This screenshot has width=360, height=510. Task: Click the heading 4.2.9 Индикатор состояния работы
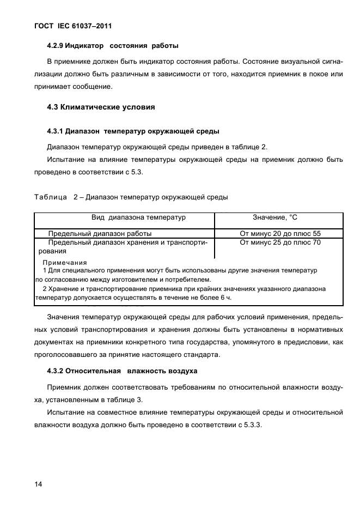point(113,45)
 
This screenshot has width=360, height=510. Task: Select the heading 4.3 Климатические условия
point(101,107)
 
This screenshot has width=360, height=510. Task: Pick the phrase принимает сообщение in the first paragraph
point(79,86)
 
